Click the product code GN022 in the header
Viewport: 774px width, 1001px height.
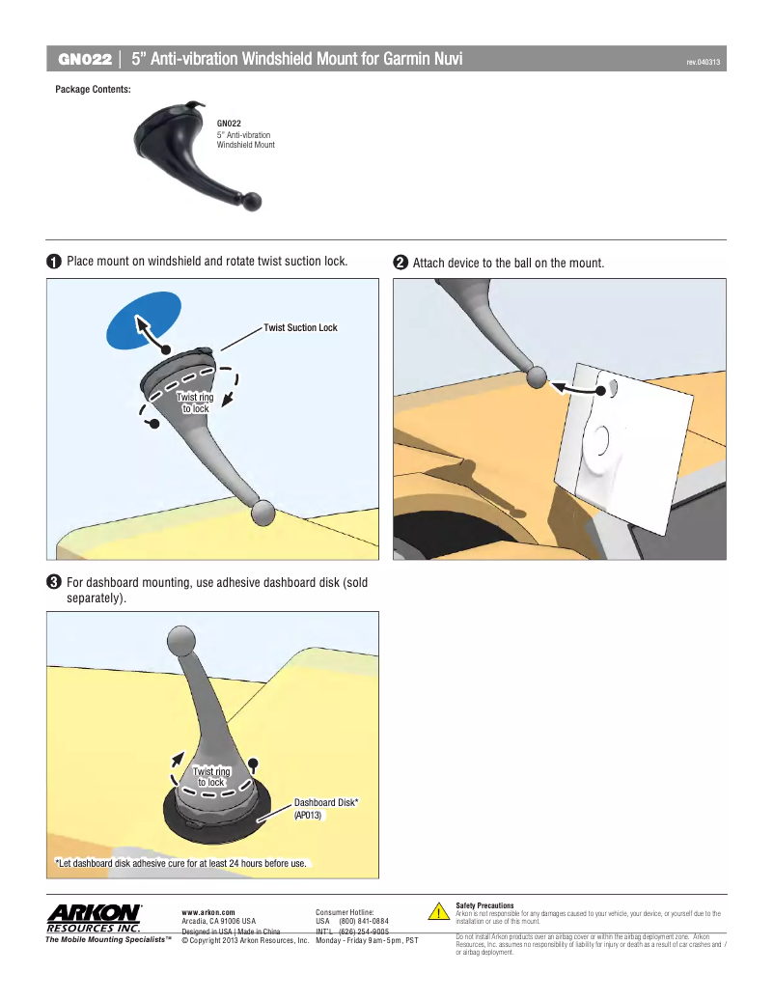coord(85,59)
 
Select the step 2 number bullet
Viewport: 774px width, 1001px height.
coord(400,263)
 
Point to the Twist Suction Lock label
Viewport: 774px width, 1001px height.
coord(300,328)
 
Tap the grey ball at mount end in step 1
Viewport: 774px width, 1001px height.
coord(263,513)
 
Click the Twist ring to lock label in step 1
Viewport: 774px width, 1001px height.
coord(195,403)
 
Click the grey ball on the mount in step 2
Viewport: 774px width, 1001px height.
coord(538,377)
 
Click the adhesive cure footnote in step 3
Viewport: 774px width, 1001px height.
coord(181,862)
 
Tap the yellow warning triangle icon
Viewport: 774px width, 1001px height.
coord(438,912)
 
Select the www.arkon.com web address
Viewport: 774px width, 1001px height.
coord(208,911)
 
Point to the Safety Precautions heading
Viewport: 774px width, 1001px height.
coord(484,905)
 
